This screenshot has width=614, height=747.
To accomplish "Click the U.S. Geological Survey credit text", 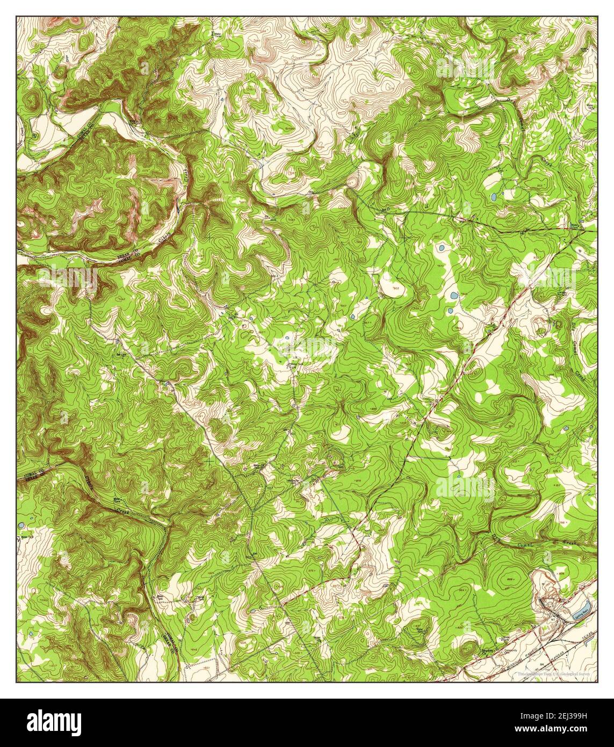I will tap(569, 673).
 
